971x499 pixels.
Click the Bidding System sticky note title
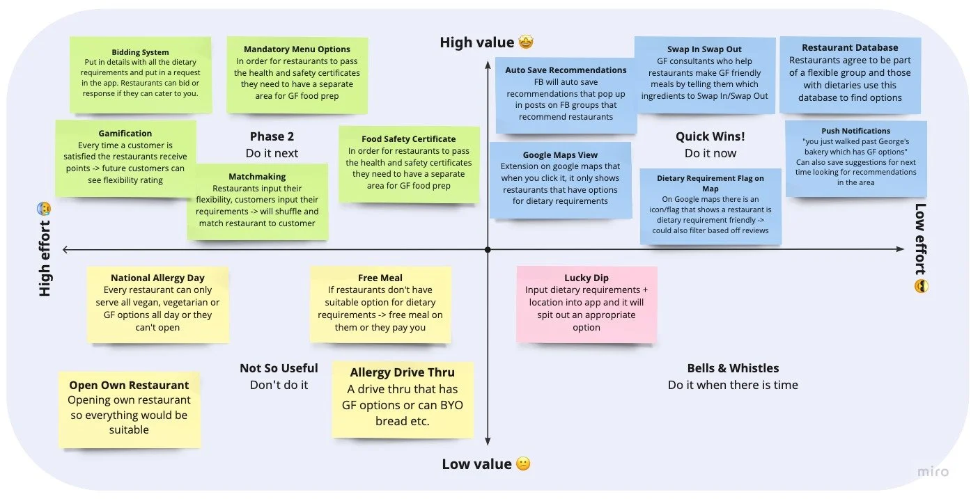click(140, 52)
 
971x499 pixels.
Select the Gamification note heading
click(125, 133)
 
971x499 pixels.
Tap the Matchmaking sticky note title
click(257, 177)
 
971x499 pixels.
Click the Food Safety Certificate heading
click(408, 139)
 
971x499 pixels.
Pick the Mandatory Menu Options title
click(297, 49)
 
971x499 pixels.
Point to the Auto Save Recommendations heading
click(566, 70)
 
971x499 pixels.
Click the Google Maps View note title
click(560, 155)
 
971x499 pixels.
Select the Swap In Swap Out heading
click(704, 49)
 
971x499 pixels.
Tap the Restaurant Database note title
click(850, 48)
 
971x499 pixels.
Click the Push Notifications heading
click(855, 131)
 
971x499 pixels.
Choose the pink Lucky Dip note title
click(587, 278)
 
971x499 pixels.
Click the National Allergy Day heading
click(157, 278)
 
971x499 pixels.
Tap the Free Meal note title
click(380, 278)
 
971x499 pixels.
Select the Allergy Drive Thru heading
click(402, 373)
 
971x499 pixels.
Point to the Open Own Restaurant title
click(129, 385)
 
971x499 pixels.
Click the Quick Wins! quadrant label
click(710, 136)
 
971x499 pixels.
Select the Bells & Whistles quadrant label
click(733, 368)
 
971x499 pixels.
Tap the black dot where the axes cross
click(488, 249)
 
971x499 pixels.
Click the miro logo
click(932, 471)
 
